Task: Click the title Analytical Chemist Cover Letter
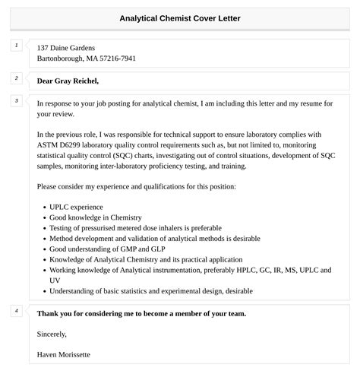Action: coord(180,18)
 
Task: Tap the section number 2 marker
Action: coord(16,78)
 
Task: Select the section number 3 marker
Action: coord(16,101)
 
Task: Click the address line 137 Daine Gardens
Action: coord(71,47)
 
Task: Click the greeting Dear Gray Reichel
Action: coord(68,81)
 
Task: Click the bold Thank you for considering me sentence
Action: coord(141,313)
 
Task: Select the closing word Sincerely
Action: coord(52,334)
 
